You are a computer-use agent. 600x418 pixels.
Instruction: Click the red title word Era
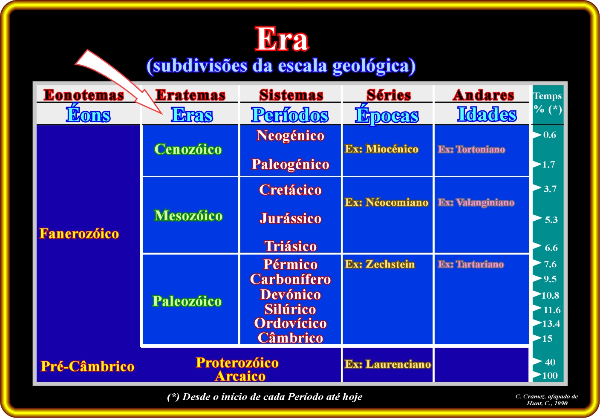click(282, 39)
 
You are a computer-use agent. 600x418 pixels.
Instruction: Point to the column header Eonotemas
click(84, 95)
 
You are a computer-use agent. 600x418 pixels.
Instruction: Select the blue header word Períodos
click(290, 115)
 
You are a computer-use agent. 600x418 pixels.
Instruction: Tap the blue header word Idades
click(487, 114)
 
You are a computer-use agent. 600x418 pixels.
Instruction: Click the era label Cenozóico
click(188, 149)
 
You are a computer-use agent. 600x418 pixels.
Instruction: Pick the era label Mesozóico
click(188, 215)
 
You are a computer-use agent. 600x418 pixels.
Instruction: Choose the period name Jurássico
click(290, 218)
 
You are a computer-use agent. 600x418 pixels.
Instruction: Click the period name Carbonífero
click(290, 279)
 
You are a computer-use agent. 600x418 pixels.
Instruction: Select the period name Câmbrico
click(290, 337)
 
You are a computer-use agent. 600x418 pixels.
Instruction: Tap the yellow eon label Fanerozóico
click(79, 234)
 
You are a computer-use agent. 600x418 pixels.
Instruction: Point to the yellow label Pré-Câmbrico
click(87, 366)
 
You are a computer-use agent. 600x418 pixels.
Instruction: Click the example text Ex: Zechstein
click(380, 264)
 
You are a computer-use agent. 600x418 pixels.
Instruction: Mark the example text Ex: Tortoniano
click(471, 149)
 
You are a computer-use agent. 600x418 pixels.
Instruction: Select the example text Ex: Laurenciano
click(388, 364)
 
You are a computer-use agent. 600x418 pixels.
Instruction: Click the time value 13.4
click(551, 324)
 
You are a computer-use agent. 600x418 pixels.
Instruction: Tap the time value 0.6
click(550, 135)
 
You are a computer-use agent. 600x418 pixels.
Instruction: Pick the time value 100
click(550, 376)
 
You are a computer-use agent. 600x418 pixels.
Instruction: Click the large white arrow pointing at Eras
click(118, 82)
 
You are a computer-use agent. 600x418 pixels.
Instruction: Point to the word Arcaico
click(240, 376)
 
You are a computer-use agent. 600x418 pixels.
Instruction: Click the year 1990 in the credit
click(561, 403)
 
